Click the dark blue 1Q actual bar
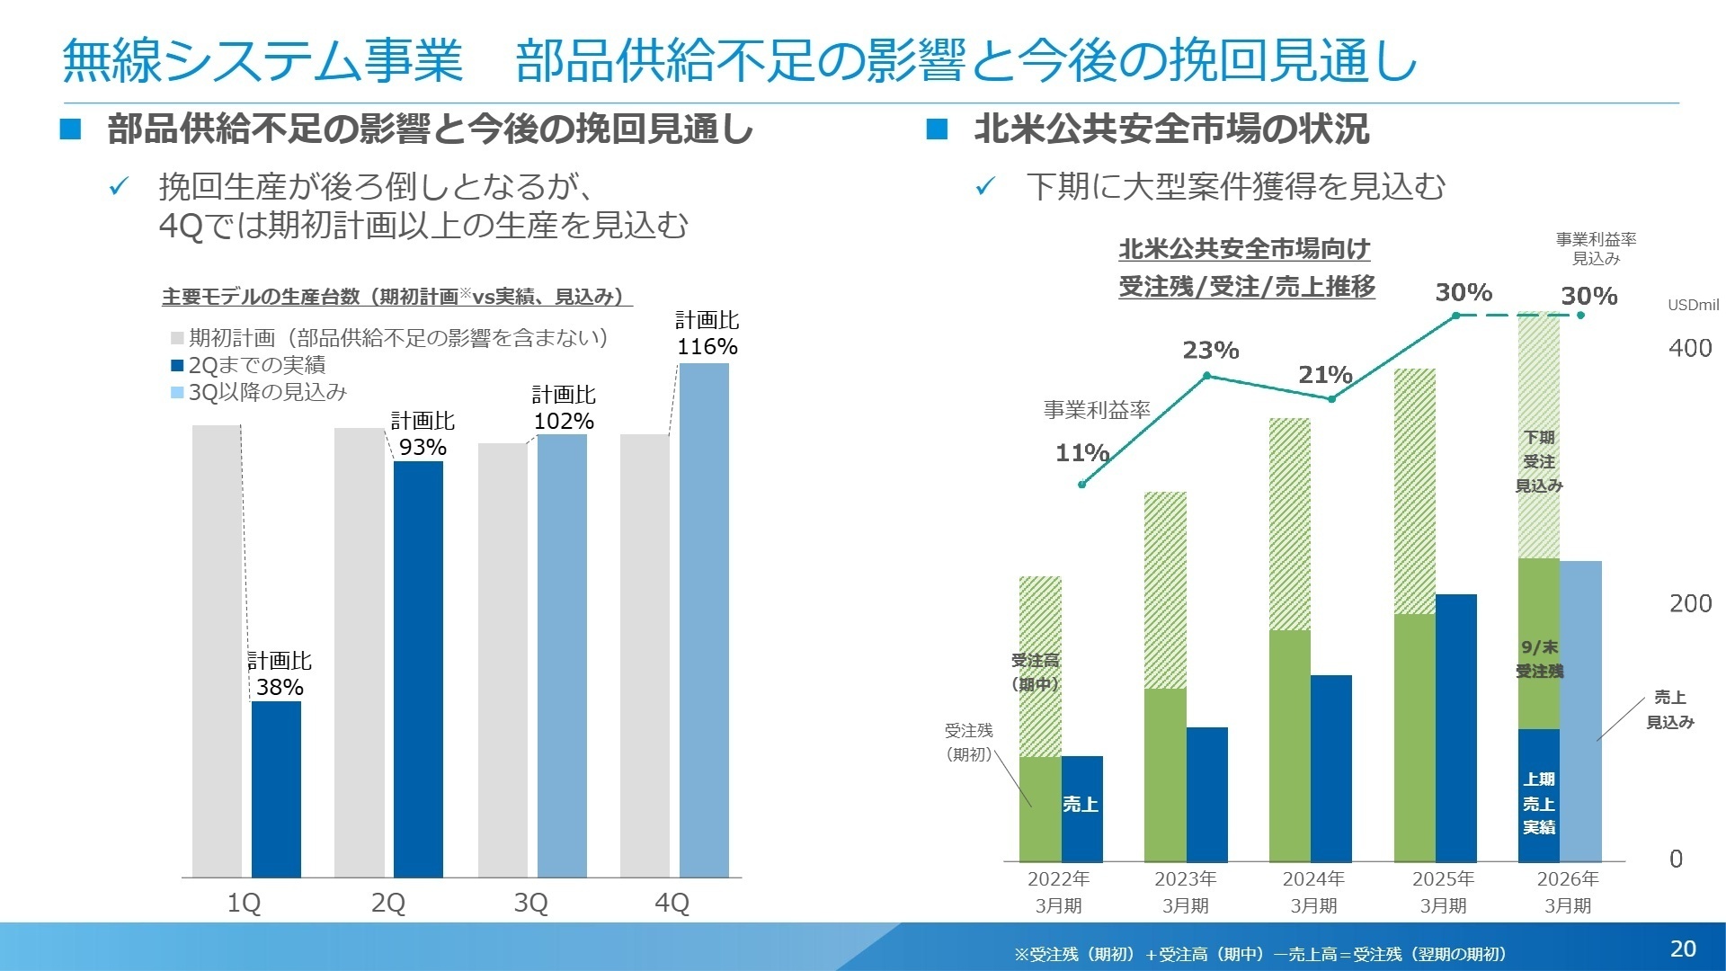276,788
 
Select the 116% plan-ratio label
707,347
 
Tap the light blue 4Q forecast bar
704,620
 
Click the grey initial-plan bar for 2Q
359,652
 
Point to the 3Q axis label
530,903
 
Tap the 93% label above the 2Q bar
423,447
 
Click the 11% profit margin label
1081,452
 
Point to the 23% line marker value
1210,350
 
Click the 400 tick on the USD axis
1689,349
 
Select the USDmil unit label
1693,305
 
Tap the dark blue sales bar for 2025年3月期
1456,728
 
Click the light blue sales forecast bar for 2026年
1580,710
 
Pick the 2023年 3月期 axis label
1185,892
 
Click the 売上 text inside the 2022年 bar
1081,804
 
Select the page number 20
1683,949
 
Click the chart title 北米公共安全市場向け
1244,249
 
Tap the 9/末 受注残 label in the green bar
1539,659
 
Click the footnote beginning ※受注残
1259,954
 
